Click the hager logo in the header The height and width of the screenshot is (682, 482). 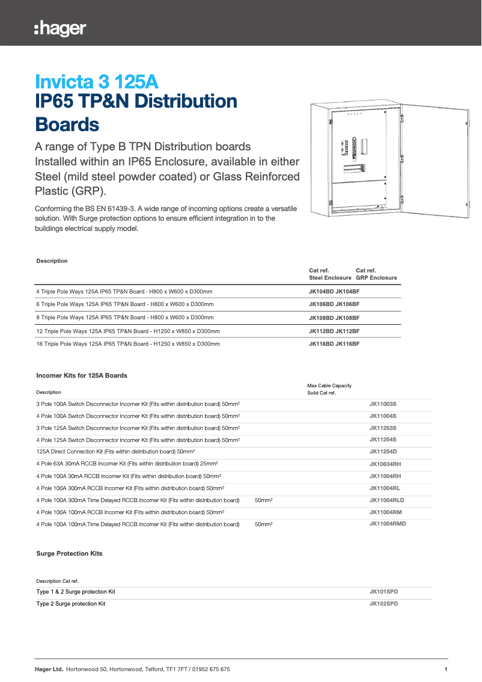[x=60, y=28]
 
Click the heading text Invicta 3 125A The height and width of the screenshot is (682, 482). [x=97, y=81]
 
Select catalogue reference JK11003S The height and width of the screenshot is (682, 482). [x=383, y=404]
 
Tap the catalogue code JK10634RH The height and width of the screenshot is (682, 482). [x=385, y=464]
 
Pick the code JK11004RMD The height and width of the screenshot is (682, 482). [x=388, y=524]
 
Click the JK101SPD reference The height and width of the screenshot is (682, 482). [x=383, y=592]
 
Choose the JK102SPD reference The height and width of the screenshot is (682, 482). [x=383, y=603]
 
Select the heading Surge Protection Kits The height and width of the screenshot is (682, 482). [x=69, y=553]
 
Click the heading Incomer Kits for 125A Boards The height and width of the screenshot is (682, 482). [x=82, y=375]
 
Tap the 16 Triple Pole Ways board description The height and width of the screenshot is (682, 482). [x=128, y=344]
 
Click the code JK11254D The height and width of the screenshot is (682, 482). [x=383, y=452]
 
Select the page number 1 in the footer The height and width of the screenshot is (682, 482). [x=445, y=669]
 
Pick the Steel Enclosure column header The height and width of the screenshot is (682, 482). [x=330, y=278]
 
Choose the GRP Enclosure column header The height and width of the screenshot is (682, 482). [x=376, y=278]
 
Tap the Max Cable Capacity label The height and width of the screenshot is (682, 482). [x=329, y=386]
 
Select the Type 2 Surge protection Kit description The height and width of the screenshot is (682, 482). [x=71, y=603]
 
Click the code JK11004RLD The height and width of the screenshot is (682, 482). [x=386, y=500]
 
